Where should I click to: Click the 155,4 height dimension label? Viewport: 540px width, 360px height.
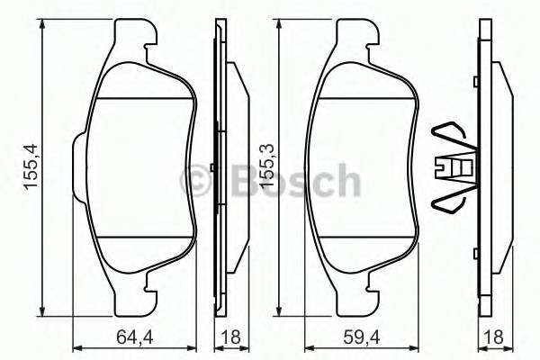click(x=30, y=167)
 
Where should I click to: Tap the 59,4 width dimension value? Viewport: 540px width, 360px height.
click(x=364, y=340)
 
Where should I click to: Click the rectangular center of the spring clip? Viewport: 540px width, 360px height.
click(x=456, y=167)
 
